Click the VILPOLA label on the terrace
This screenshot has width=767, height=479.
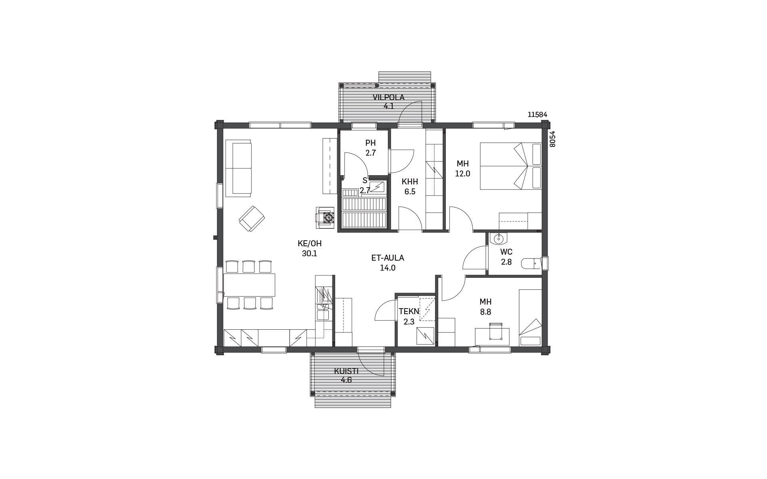(x=388, y=97)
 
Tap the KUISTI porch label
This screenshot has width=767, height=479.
(x=346, y=371)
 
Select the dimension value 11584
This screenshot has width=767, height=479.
(x=537, y=115)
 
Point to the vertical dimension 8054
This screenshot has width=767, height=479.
(x=552, y=139)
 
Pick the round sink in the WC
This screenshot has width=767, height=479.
(x=499, y=239)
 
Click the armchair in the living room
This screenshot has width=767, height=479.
(x=252, y=218)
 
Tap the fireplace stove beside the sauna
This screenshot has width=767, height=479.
(x=325, y=218)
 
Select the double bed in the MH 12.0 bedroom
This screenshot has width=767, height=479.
(x=511, y=166)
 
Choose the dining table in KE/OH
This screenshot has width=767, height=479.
(x=249, y=285)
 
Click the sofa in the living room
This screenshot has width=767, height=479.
(x=238, y=168)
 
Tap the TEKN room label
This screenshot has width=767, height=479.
(x=409, y=311)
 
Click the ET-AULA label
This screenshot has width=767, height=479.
(x=387, y=258)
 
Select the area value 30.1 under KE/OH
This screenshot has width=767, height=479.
(x=310, y=253)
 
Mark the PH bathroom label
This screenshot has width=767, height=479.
(x=370, y=143)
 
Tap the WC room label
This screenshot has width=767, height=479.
(x=506, y=252)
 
